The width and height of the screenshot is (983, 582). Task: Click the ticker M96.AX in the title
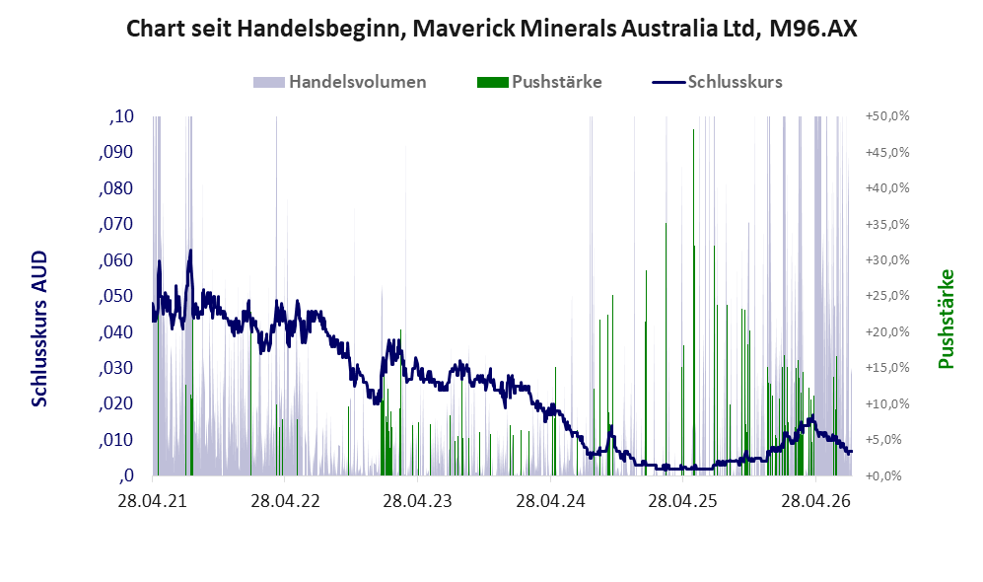[x=812, y=29]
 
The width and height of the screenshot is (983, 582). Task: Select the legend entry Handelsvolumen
[x=339, y=82]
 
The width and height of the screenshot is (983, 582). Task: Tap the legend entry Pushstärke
[x=539, y=82]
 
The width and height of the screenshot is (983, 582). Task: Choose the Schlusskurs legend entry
[x=717, y=82]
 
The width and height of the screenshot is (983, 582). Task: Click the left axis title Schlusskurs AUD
[x=39, y=328]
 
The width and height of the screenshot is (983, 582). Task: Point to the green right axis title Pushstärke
[x=946, y=320]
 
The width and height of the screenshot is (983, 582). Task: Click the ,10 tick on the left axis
[x=121, y=116]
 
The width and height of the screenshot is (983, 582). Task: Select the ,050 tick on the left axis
[x=116, y=296]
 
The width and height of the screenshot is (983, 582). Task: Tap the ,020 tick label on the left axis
[x=116, y=403]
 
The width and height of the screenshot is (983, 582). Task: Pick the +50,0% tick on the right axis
[x=887, y=116]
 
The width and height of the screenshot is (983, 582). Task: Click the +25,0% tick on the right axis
[x=887, y=296]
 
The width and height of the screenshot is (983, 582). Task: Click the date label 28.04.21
[x=153, y=501]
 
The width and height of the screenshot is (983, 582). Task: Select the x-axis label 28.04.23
[x=417, y=501]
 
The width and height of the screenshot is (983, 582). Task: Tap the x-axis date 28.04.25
[x=682, y=501]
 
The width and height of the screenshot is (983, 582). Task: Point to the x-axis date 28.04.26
[x=815, y=501]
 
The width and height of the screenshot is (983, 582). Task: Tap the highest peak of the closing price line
[x=190, y=251]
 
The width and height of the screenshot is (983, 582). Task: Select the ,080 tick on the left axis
[x=116, y=188]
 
